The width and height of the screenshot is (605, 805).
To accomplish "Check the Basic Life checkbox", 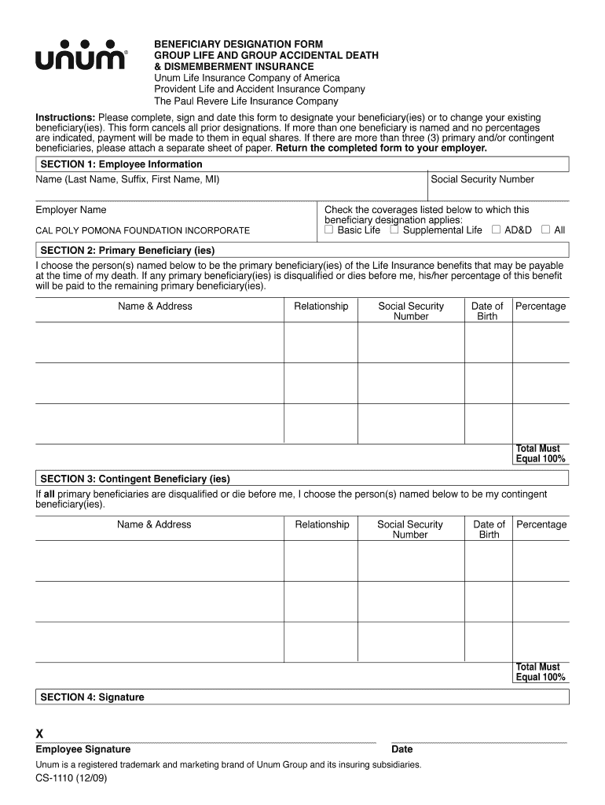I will pyautogui.click(x=329, y=230).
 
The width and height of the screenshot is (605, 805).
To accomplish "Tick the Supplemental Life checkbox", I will pyautogui.click(x=394, y=230).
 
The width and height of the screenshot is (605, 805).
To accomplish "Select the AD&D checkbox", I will pyautogui.click(x=496, y=230).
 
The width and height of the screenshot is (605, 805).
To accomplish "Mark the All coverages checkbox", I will pyautogui.click(x=545, y=230).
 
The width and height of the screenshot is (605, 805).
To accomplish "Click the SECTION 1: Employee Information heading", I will pyautogui.click(x=121, y=164).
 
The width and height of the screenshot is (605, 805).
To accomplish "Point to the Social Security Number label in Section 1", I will pyautogui.click(x=482, y=179).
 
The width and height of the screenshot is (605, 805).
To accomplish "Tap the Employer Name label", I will pyautogui.click(x=71, y=210).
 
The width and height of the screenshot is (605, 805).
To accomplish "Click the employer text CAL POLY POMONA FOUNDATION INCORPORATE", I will pyautogui.click(x=143, y=231).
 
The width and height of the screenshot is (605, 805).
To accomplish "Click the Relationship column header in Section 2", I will pyautogui.click(x=321, y=306).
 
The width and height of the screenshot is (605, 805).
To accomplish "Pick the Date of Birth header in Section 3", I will pyautogui.click(x=489, y=529).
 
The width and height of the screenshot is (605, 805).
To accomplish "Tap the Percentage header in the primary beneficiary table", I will pyautogui.click(x=541, y=306).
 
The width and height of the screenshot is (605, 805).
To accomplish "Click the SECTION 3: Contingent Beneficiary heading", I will pyautogui.click(x=135, y=478).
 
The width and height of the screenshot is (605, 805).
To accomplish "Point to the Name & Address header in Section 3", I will pyautogui.click(x=154, y=524).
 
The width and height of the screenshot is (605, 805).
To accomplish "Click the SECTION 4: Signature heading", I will pyautogui.click(x=92, y=697).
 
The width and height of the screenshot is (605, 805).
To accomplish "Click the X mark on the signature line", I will pyautogui.click(x=40, y=734).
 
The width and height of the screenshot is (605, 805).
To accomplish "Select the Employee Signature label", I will pyautogui.click(x=83, y=749).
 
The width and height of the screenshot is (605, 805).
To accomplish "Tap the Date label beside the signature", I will pyautogui.click(x=401, y=749).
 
